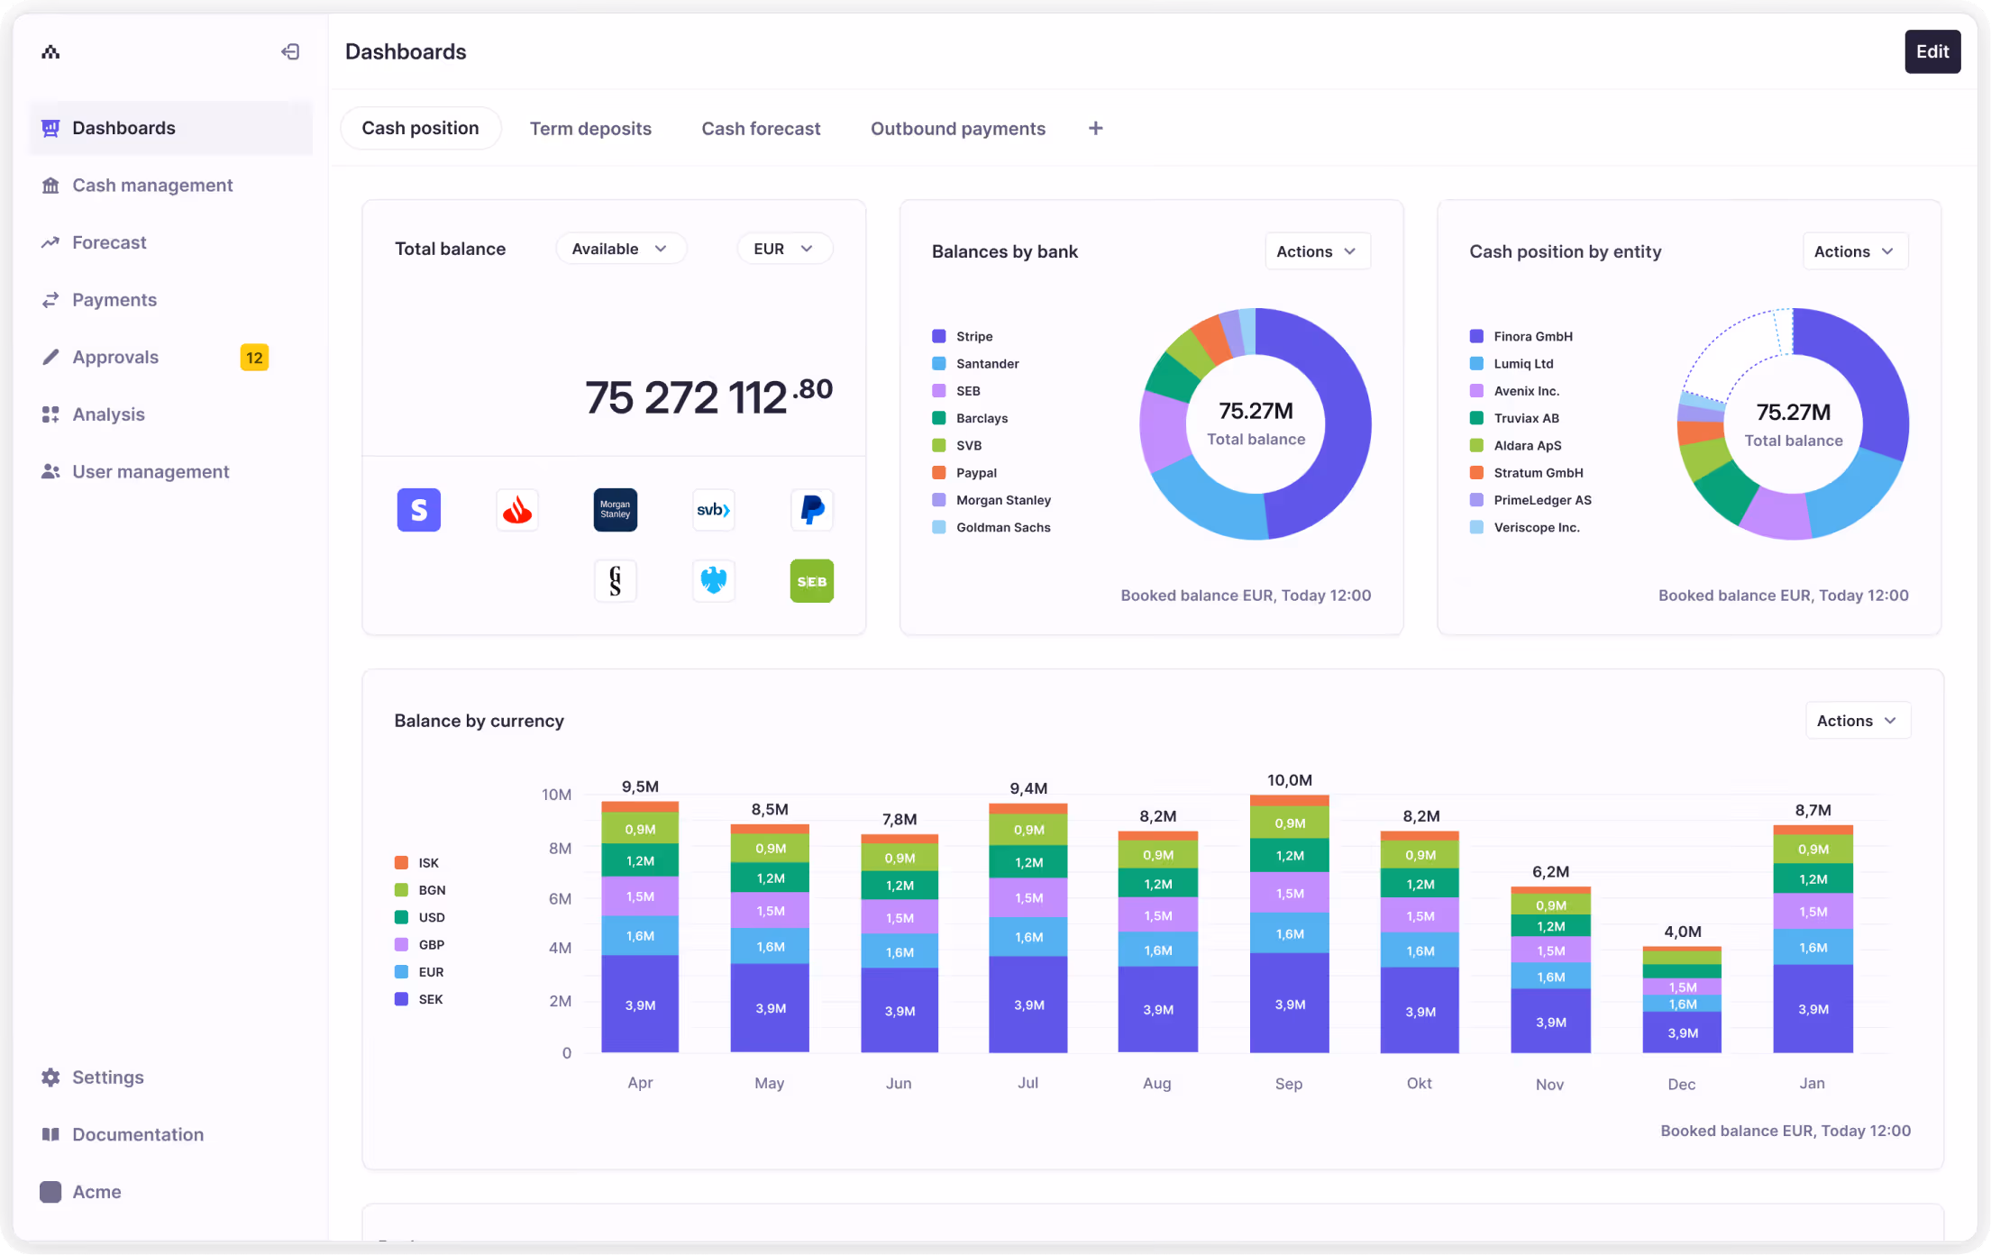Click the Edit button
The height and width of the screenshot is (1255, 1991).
coord(1932,51)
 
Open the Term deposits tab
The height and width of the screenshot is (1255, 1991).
coord(590,128)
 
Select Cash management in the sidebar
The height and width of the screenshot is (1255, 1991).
coord(151,185)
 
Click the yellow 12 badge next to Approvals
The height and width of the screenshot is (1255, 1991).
coord(254,358)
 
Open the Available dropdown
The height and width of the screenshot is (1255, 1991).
coord(619,249)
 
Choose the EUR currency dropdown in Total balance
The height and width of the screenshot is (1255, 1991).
coord(783,249)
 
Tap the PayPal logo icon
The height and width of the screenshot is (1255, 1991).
coord(811,510)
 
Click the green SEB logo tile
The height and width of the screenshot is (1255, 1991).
coord(811,581)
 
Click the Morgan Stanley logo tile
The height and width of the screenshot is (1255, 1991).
coord(615,510)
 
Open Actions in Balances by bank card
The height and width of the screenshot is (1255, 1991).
coord(1316,251)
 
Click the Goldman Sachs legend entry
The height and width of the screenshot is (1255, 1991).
coord(1002,527)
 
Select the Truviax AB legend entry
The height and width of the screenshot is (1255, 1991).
coord(1525,418)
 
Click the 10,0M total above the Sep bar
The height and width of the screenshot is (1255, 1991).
coord(1289,780)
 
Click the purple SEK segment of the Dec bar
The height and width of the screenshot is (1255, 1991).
coord(1682,1032)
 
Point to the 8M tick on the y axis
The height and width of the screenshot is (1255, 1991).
coord(560,848)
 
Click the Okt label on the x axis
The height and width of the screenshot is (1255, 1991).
coord(1419,1083)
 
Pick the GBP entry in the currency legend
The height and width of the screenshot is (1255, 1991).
coord(431,944)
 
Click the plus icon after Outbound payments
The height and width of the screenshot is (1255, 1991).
coord(1095,128)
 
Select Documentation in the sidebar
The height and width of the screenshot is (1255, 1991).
coord(137,1134)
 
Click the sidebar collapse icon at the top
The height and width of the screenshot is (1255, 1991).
coord(290,51)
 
